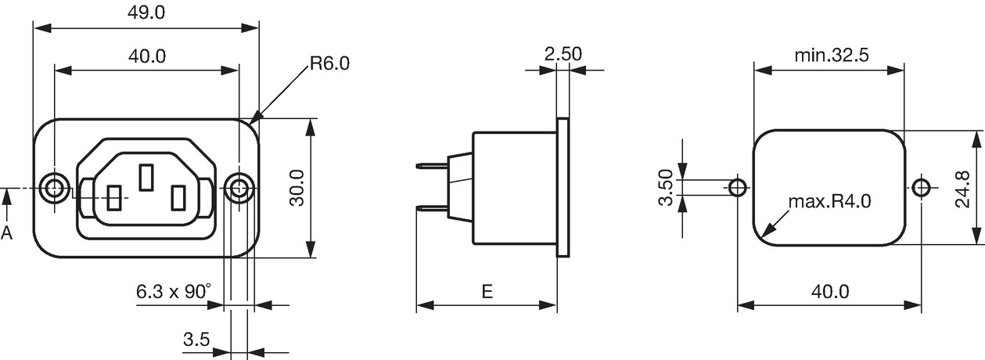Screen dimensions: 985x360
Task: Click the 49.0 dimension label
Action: (x=146, y=13)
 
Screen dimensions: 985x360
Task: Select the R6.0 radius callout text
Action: (x=330, y=63)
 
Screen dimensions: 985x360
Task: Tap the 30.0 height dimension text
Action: (x=297, y=188)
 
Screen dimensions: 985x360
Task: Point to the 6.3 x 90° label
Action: (x=174, y=291)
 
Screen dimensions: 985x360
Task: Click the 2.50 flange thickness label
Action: (x=563, y=54)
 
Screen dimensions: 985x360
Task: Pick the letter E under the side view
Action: (x=487, y=291)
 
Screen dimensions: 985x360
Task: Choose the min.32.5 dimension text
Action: (x=832, y=56)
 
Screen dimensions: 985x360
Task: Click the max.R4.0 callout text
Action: (x=830, y=201)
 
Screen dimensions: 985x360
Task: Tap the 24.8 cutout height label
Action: (x=962, y=189)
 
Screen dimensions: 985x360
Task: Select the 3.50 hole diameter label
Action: (x=666, y=188)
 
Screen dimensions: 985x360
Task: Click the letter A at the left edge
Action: (x=6, y=232)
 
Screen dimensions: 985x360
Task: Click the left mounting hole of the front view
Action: (x=54, y=189)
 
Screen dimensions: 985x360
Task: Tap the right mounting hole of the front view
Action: (x=239, y=189)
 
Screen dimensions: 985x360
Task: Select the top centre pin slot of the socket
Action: (x=146, y=178)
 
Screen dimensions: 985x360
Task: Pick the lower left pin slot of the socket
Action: (x=114, y=198)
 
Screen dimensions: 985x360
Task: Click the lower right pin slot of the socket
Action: (x=178, y=198)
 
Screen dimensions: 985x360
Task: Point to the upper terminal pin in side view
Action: (x=432, y=166)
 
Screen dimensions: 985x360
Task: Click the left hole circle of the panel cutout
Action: (x=738, y=188)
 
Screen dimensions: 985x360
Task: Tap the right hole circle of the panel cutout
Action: (x=921, y=188)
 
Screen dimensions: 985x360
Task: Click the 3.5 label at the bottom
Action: (x=196, y=340)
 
